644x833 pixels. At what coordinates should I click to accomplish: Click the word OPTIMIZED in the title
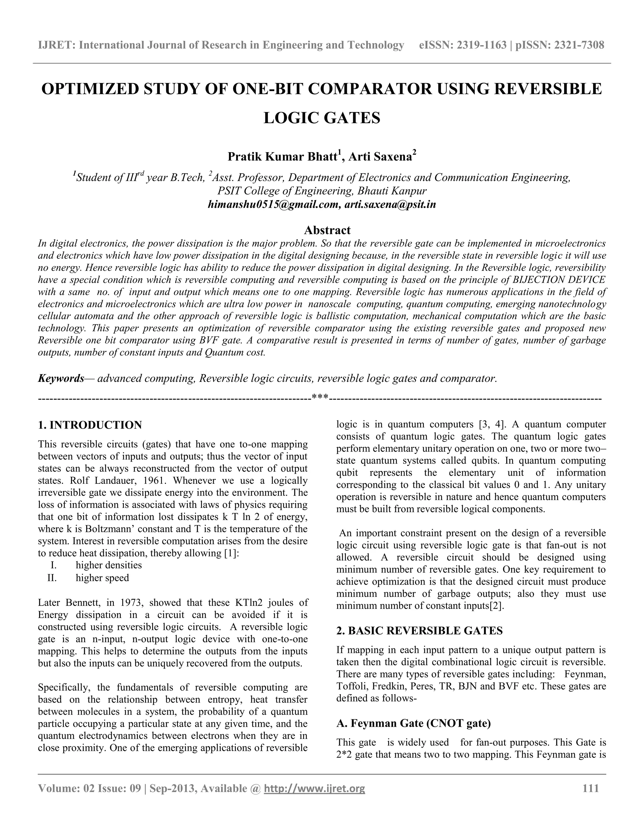(x=89, y=89)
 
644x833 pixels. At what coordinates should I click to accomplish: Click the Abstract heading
(x=327, y=230)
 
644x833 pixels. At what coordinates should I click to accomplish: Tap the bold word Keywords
(x=61, y=378)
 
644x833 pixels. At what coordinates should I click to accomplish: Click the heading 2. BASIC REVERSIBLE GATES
(x=419, y=631)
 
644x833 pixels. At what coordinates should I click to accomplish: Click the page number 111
(x=591, y=788)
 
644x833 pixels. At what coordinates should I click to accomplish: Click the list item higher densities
(x=109, y=565)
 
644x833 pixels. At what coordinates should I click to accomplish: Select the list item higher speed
(x=102, y=578)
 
